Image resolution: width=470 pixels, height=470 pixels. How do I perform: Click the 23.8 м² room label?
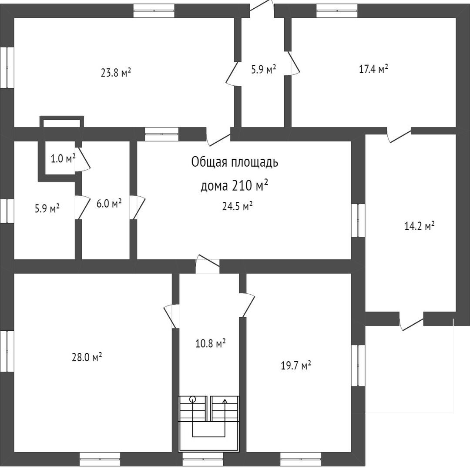tap(116, 73)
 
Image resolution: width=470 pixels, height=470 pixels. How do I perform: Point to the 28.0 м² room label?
tap(87, 357)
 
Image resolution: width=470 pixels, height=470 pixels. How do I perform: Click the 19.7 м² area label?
tap(295, 366)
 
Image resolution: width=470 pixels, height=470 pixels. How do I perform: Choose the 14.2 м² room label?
tap(420, 226)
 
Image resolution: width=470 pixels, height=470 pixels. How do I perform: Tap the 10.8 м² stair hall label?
tap(210, 343)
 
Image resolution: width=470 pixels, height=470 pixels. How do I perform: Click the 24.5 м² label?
tap(238, 207)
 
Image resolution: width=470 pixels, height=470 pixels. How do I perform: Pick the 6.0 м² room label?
tap(109, 203)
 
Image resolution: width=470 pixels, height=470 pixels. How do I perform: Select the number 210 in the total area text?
tap(242, 186)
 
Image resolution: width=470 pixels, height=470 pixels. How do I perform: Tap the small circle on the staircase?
tap(193, 399)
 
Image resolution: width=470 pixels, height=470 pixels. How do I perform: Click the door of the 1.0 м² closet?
tap(84, 159)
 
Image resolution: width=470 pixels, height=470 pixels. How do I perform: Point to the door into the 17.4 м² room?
tap(294, 64)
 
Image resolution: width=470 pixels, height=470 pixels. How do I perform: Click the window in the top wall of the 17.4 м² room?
tap(337, 10)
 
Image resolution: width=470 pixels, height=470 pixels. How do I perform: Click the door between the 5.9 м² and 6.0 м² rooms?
tap(81, 207)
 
